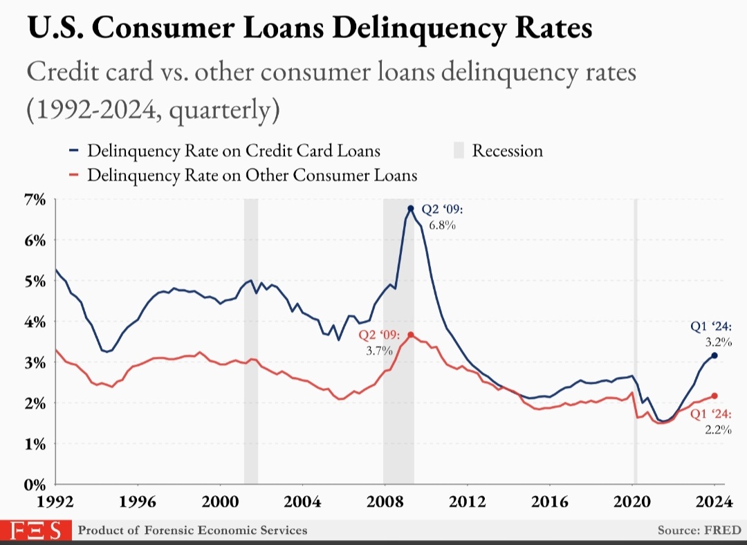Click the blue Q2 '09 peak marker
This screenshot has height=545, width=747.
(410, 208)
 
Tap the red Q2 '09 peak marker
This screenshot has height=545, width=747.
(411, 335)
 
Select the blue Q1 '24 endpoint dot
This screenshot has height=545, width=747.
(714, 355)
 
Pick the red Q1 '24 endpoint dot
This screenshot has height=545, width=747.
(714, 396)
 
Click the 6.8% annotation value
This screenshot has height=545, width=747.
(442, 225)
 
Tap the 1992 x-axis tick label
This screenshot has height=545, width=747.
(55, 501)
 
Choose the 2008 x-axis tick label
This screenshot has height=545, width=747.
(385, 501)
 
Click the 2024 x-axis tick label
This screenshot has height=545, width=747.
(714, 501)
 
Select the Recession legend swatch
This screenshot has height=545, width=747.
(459, 150)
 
